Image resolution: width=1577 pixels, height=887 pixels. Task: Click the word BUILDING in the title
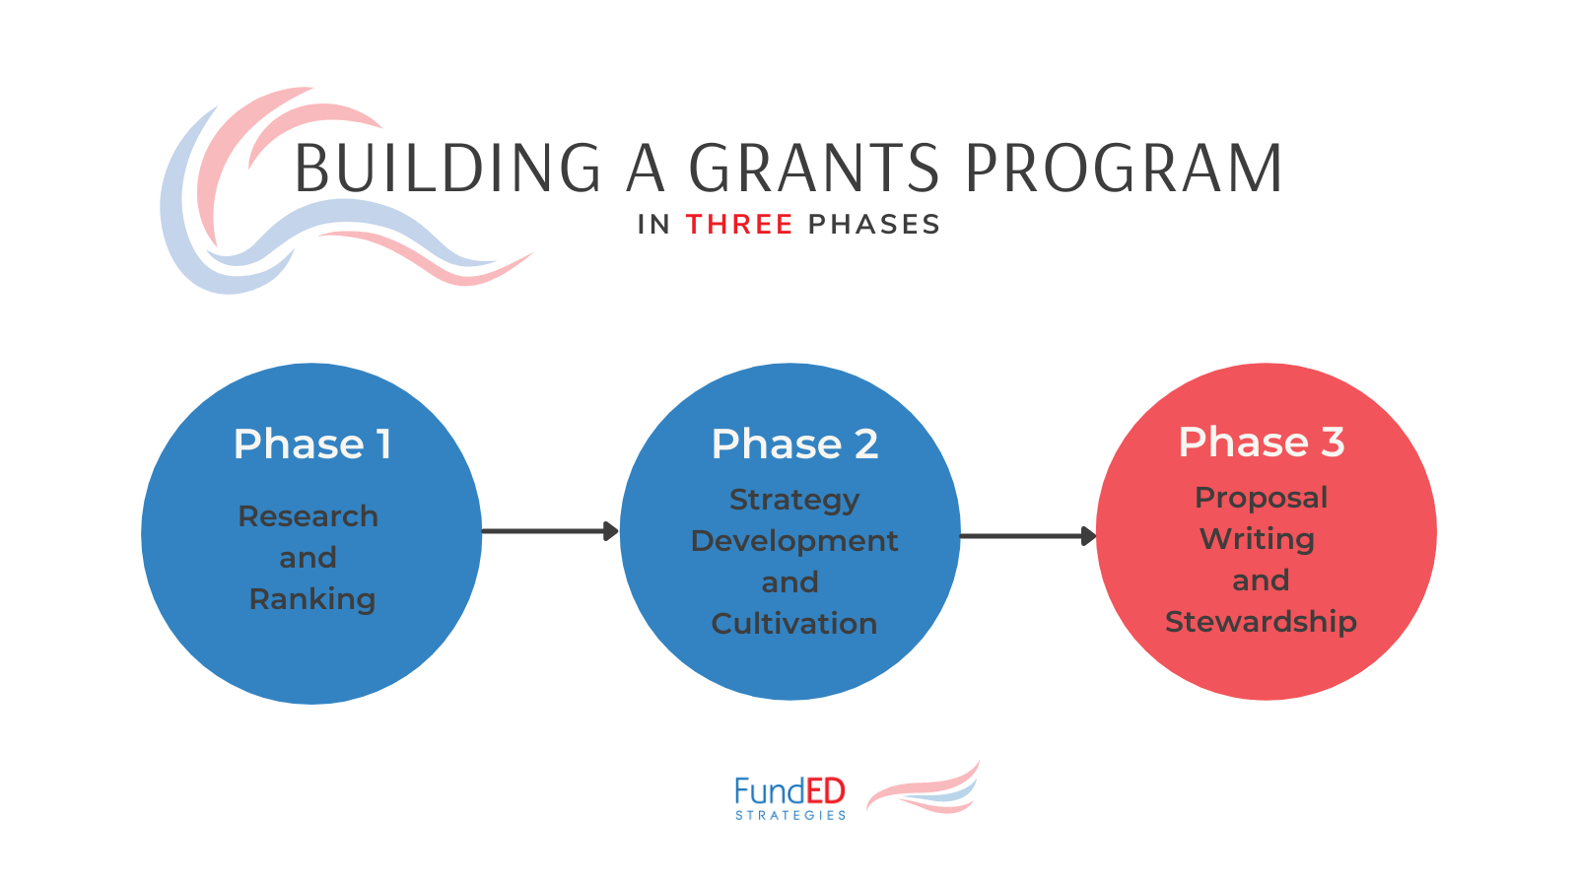(x=448, y=169)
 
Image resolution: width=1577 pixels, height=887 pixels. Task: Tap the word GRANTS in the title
(x=814, y=169)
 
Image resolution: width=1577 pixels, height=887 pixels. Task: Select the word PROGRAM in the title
(x=1124, y=169)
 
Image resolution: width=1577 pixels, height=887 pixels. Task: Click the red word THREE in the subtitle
(x=739, y=225)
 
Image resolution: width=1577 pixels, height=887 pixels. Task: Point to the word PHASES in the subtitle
(x=874, y=225)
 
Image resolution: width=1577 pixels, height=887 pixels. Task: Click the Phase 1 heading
(x=312, y=444)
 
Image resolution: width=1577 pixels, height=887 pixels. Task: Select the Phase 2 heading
(x=794, y=444)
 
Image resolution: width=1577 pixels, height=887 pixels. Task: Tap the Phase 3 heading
(x=1262, y=443)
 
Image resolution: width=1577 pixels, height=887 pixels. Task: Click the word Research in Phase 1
(x=309, y=516)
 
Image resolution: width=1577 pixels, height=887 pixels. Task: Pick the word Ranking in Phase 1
(x=312, y=599)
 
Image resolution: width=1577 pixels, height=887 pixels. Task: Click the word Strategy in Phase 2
(x=794, y=501)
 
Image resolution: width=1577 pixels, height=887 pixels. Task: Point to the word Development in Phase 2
(x=794, y=541)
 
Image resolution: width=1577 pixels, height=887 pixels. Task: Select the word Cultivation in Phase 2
(x=794, y=624)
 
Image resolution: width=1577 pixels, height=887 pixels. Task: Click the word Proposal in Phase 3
(x=1262, y=498)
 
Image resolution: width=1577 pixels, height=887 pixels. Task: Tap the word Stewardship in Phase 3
(x=1262, y=622)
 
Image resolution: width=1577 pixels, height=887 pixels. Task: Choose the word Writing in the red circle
(x=1258, y=539)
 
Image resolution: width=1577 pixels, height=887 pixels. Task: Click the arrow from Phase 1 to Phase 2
(x=549, y=531)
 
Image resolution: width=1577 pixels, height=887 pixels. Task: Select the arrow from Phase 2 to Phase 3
(x=1027, y=536)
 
